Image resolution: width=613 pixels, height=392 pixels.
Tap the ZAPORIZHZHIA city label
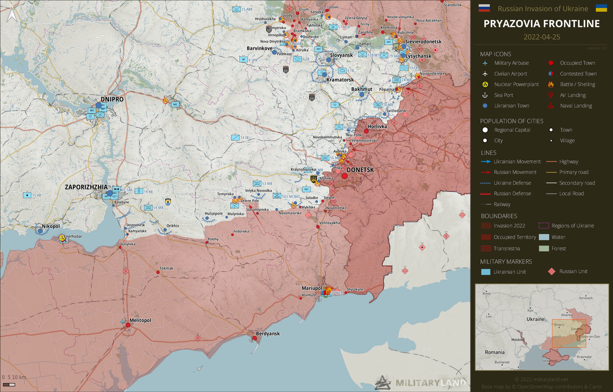pyautogui.click(x=86, y=187)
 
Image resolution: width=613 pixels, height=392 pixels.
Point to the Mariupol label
pyautogui.click(x=312, y=289)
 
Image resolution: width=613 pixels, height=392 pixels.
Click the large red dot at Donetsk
pyautogui.click(x=344, y=176)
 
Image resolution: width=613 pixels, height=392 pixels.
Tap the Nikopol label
pyautogui.click(x=50, y=226)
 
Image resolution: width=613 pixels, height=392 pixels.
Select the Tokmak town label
pyautogui.click(x=167, y=268)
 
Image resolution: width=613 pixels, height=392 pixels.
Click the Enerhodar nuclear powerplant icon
pyautogui.click(x=62, y=238)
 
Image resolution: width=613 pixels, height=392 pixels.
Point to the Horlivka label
pyautogui.click(x=377, y=126)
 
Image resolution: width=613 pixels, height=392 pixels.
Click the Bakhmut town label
pyautogui.click(x=362, y=89)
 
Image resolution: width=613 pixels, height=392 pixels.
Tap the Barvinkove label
pyautogui.click(x=260, y=49)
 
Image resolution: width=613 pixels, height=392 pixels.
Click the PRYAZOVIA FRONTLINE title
pyautogui.click(x=541, y=24)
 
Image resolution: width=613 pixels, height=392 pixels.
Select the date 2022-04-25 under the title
pyautogui.click(x=541, y=37)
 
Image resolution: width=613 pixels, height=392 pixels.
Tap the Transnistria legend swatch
pyautogui.click(x=486, y=248)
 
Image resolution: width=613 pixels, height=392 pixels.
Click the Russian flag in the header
pyautogui.click(x=484, y=8)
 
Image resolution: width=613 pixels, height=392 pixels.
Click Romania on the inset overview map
pyautogui.click(x=494, y=352)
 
